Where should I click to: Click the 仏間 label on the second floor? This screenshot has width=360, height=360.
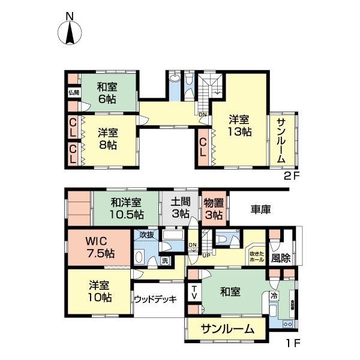pyautogui.click(x=73, y=92)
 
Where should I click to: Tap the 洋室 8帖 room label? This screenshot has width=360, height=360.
pyautogui.click(x=107, y=139)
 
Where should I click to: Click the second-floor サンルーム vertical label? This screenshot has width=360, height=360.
pyautogui.click(x=281, y=139)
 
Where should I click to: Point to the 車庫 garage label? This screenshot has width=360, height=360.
pyautogui.click(x=260, y=209)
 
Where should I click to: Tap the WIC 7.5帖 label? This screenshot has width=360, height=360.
pyautogui.click(x=99, y=245)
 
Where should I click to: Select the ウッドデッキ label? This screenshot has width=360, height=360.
pyautogui.click(x=155, y=298)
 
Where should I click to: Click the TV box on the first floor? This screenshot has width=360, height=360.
pyautogui.click(x=194, y=293)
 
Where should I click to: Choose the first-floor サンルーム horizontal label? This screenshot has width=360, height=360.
pyautogui.click(x=225, y=329)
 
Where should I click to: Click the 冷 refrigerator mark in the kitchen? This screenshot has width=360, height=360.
pyautogui.click(x=274, y=295)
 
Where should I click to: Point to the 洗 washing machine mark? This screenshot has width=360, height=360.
pyautogui.click(x=166, y=261)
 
